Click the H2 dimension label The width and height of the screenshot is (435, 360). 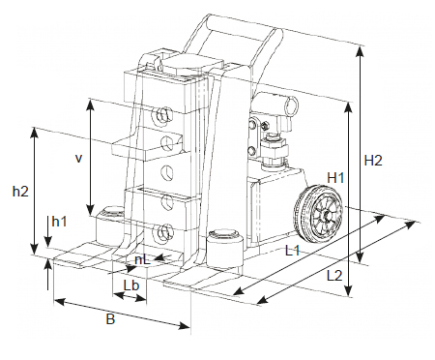[x=373, y=161]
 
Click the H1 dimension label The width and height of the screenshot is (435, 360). [x=335, y=177]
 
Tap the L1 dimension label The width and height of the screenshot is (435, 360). [x=293, y=251]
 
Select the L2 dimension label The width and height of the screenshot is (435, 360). [x=334, y=276]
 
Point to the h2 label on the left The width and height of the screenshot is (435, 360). [x=20, y=192]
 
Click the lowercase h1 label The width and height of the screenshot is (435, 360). [x=59, y=222]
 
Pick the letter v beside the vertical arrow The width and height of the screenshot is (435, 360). [x=78, y=159]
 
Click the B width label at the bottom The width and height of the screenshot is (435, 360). [x=110, y=319]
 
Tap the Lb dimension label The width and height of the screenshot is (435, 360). [x=131, y=285]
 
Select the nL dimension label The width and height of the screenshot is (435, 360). [x=143, y=259]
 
